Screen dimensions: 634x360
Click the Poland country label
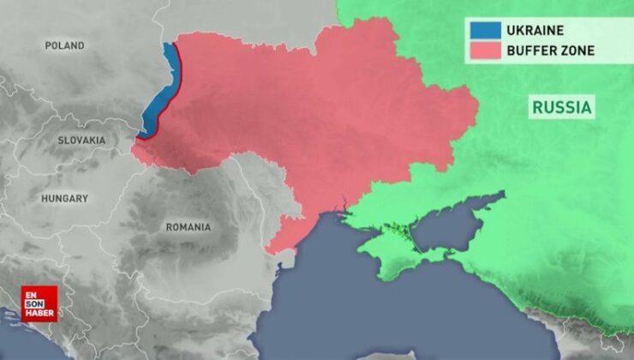pyautogui.click(x=65, y=45)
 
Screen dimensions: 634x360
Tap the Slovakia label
pyautogui.click(x=81, y=140)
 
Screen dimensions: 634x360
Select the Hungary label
pyautogui.click(x=65, y=198)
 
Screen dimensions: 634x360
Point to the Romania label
pyautogui.click(x=188, y=227)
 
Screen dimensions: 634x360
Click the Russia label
pyautogui.click(x=562, y=108)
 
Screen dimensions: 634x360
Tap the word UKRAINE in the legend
pyautogui.click(x=535, y=31)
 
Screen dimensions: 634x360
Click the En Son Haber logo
pyautogui.click(x=39, y=303)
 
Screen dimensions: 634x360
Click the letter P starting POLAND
pyautogui.click(x=48, y=45)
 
